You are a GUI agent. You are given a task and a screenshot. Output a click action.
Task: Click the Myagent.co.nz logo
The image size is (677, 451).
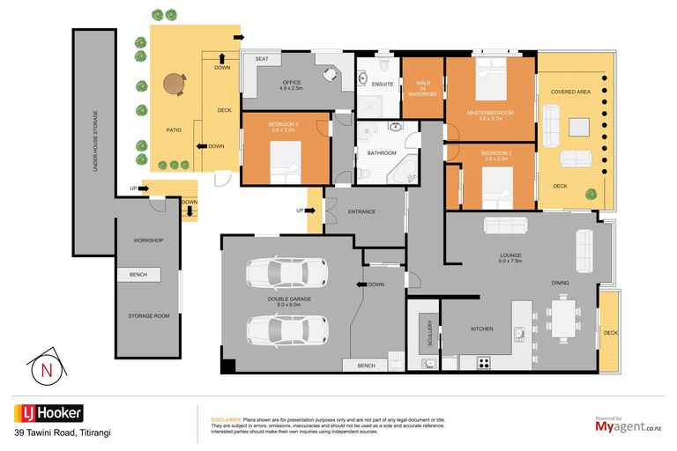pyautogui.click(x=627, y=426)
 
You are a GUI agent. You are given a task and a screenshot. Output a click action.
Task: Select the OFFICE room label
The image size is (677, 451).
pyautogui.click(x=291, y=85)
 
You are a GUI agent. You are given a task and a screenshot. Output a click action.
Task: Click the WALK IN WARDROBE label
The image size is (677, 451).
pyautogui.click(x=422, y=88)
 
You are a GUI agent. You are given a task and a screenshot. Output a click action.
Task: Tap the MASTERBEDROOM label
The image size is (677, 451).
pyautogui.click(x=489, y=115)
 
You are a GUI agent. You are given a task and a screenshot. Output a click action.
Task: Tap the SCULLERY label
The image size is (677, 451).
pyautogui.click(x=428, y=333)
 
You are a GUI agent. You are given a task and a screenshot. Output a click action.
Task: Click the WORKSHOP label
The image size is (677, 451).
pyautogui.click(x=148, y=240)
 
